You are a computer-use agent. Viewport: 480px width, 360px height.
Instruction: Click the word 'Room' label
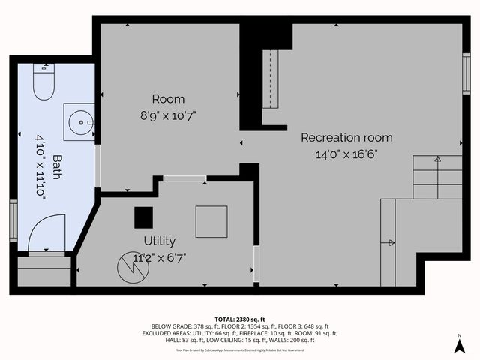pyautogui.click(x=168, y=99)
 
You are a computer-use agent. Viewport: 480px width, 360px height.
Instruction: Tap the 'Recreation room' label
pyautogui.click(x=346, y=138)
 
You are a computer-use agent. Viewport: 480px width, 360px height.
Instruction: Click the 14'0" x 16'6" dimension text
pyautogui.click(x=346, y=154)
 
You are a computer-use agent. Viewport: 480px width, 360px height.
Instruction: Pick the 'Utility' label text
pyautogui.click(x=159, y=241)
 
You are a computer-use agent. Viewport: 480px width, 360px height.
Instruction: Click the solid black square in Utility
pyautogui.click(x=143, y=217)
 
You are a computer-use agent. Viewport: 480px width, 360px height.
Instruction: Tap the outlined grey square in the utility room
pyautogui.click(x=211, y=221)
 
